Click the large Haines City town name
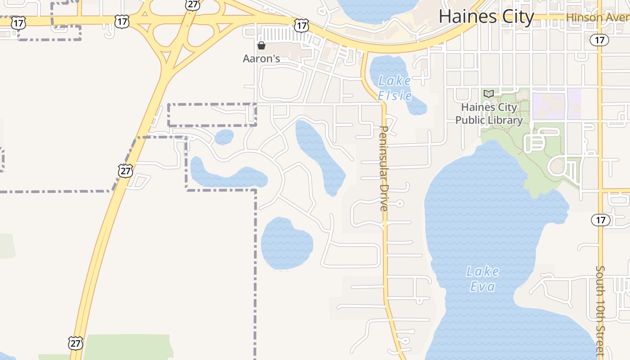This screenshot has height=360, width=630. pos(486,17)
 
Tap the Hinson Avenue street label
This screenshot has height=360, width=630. pos(598,17)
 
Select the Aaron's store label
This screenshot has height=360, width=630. pos(261,58)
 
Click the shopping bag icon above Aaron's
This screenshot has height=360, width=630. pos(261,45)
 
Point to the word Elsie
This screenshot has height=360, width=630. pos(395,96)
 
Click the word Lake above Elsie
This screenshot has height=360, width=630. pos(394,81)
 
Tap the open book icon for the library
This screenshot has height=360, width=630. pos(488,94)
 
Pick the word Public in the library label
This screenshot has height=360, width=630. pos(470,120)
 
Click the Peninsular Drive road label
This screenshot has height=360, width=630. pos(384,168)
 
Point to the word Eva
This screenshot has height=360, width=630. pos(482,287)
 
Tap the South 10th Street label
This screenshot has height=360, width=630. pos(600,310)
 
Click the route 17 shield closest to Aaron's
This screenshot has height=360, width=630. pos(301,25)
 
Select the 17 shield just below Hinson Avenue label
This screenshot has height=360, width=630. pos(599,40)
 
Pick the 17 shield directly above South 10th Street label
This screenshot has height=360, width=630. pos(600,220)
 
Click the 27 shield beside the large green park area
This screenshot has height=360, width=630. pos(75,343)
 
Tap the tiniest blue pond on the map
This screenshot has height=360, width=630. pos(224,137)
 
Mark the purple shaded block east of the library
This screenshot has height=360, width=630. pos(556,103)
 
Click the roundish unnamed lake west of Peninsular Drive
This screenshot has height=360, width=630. pos(286,243)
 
